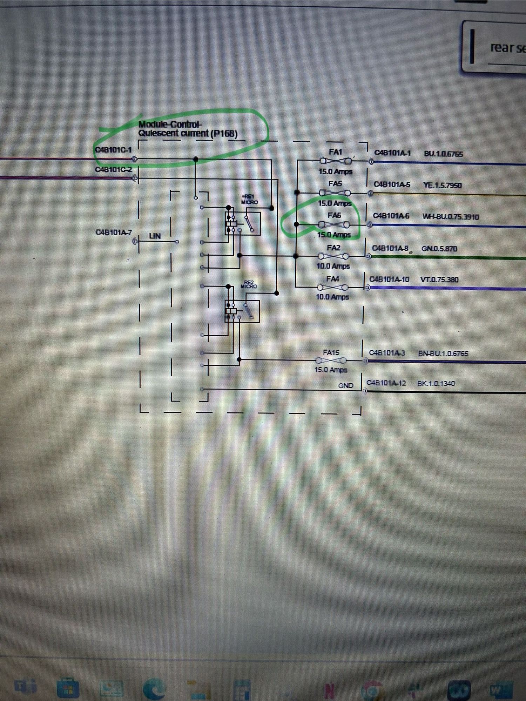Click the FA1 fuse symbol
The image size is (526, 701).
coord(335,161)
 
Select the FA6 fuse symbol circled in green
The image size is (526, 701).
coord(334,224)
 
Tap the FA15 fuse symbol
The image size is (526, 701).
coord(331,360)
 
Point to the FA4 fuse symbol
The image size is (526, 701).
coord(332,288)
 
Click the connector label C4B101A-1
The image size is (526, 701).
coord(392,153)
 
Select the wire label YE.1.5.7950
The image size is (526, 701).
coord(442,185)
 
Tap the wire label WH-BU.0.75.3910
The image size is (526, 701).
coord(451,217)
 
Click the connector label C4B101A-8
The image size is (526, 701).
coord(390,248)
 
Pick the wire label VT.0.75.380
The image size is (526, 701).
coord(439,279)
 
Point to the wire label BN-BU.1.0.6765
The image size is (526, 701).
coord(443,353)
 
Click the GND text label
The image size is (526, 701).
coord(345,385)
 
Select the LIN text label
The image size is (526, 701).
coord(155,236)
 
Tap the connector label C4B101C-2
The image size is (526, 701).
coord(114,169)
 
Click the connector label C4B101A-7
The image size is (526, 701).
coord(114,232)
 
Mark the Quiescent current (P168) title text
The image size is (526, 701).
coord(188,134)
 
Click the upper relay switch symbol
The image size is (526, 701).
coord(250,223)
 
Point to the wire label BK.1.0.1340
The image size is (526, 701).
coord(436,383)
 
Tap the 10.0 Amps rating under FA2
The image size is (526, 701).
coord(333,266)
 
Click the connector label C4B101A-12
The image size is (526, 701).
coord(386,383)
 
